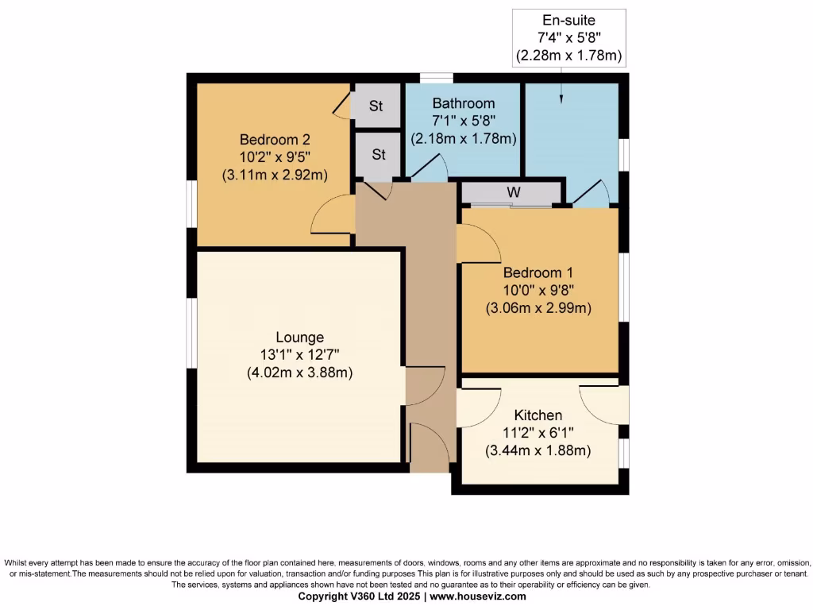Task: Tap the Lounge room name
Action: (x=299, y=338)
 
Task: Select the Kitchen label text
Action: (x=538, y=415)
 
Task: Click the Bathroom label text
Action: (x=463, y=103)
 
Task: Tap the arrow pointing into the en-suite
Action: (x=561, y=94)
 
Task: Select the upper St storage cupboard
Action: (x=376, y=106)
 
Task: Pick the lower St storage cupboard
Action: (x=378, y=155)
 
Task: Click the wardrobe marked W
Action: (x=513, y=192)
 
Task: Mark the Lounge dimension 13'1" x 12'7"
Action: (x=299, y=355)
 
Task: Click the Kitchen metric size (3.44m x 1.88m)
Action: (x=538, y=450)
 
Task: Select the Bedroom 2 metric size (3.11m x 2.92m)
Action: (x=273, y=175)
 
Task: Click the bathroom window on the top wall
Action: (x=436, y=78)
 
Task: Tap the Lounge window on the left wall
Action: (x=191, y=333)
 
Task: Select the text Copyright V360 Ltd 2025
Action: (x=360, y=596)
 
